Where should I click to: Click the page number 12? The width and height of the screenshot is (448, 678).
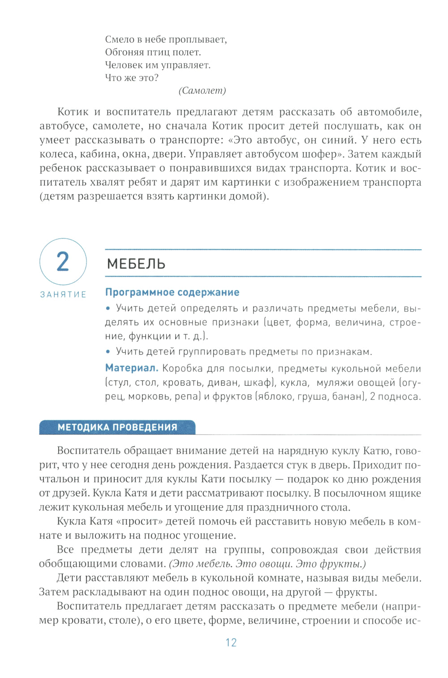coord(231,643)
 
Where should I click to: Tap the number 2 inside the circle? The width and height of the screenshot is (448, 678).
coord(63,262)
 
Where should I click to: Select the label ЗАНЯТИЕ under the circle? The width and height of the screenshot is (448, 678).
coord(63,294)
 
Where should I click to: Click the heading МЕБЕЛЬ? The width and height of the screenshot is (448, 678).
coord(136,264)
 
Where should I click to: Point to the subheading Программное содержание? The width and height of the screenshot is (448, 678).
coord(172,292)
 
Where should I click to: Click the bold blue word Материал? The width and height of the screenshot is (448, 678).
coord(131,368)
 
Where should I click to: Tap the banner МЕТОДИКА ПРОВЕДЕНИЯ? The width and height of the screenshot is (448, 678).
coord(117,427)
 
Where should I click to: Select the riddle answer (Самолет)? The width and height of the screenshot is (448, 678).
coord(202,90)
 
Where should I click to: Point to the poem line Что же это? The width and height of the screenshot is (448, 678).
coord(132,77)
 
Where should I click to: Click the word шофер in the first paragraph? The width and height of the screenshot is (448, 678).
coord(320,154)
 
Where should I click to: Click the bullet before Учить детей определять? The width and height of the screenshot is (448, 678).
coord(108,308)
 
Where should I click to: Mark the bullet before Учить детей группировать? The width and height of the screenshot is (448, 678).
coord(108,352)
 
